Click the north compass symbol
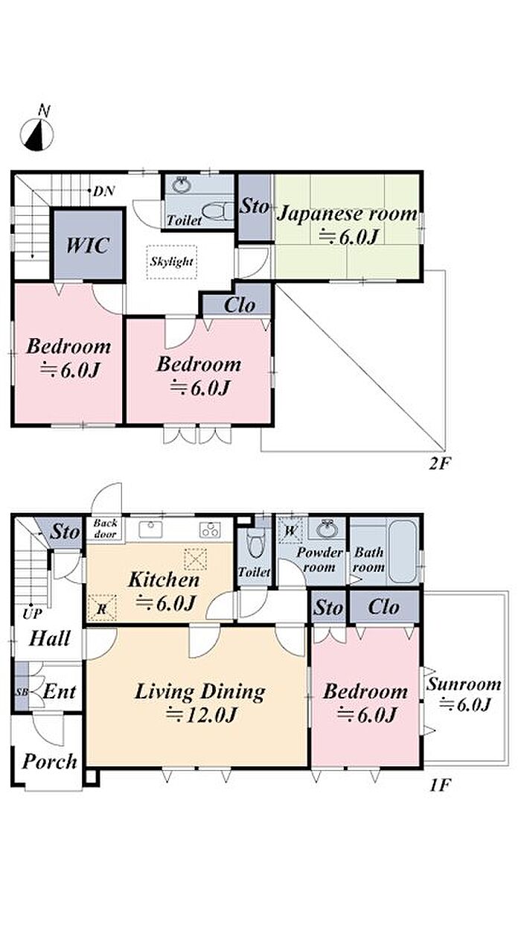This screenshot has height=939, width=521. pos(37,134)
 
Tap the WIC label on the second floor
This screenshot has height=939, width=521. pos(88,245)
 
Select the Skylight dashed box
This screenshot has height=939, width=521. pos(172,262)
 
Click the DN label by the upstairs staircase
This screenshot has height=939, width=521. pos(104,191)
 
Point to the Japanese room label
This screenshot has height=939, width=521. pos(347,214)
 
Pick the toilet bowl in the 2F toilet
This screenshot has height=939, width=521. pos(217,211)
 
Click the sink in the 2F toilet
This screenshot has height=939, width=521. pos(182,185)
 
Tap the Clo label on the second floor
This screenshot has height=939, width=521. pos(240,305)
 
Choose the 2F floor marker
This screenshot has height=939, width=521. pos(440,464)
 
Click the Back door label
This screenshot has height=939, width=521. pos(105,529)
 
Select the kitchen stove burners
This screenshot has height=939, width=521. pos(210,530)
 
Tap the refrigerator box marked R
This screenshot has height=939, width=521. pos(101,608)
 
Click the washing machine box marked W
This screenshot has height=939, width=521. pos(290,531)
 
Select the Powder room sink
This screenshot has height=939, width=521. pos(327,529)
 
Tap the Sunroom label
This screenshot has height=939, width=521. pos(464,684)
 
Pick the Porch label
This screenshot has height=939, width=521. pos(50,761)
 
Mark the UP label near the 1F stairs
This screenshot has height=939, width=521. pos(32,614)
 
